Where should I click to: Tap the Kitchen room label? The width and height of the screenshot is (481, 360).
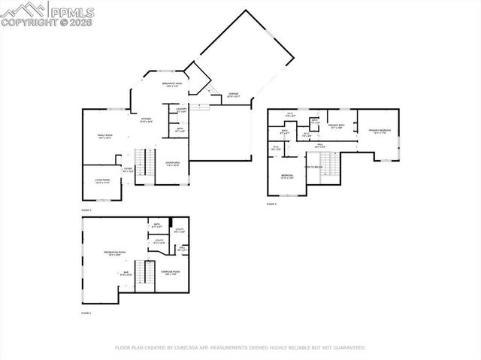(146, 119)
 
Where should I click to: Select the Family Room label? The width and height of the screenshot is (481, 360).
(104, 136)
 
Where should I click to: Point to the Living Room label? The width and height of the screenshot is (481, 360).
(101, 181)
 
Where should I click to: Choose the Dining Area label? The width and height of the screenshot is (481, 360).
(172, 163)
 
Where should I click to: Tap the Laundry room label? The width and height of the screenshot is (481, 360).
(181, 110)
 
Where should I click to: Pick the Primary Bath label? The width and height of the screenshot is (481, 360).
(336, 126)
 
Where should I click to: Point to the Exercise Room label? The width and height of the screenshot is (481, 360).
(171, 273)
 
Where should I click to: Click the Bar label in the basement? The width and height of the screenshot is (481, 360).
(126, 273)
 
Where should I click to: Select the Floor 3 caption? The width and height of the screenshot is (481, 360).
(271, 204)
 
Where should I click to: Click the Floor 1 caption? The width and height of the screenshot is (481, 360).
(86, 313)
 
